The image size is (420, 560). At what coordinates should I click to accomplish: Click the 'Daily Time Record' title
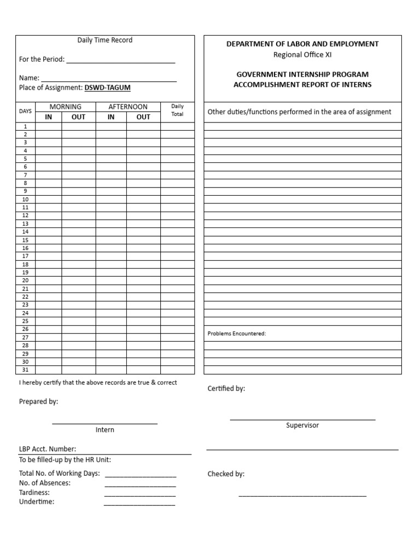(104, 40)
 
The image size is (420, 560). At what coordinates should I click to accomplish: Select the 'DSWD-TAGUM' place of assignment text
(107, 87)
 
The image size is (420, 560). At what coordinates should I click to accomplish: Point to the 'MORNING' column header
(66, 107)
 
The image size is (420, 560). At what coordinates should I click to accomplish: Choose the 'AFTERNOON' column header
(128, 107)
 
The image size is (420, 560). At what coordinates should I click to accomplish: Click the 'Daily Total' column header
(177, 110)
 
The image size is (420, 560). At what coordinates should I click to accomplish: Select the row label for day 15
(25, 240)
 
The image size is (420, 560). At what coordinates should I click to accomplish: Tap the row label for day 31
(25, 370)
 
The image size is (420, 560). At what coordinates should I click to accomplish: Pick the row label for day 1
(25, 126)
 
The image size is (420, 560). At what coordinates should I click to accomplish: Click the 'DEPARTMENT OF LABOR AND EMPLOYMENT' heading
(302, 44)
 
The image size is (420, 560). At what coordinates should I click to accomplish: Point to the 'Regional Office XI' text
(302, 54)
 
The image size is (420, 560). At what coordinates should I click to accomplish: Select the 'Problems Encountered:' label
(237, 334)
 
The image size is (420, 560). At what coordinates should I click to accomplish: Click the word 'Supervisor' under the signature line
(302, 425)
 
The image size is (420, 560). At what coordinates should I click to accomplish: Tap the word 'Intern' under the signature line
(105, 430)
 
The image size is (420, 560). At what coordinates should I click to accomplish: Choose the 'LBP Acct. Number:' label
(48, 449)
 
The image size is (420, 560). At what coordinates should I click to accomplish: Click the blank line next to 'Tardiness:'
(140, 494)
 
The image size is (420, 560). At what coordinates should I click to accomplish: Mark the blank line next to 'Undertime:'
(139, 503)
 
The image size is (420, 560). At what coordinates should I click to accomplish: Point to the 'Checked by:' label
(226, 474)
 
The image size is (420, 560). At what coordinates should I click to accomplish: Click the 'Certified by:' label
(226, 388)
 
